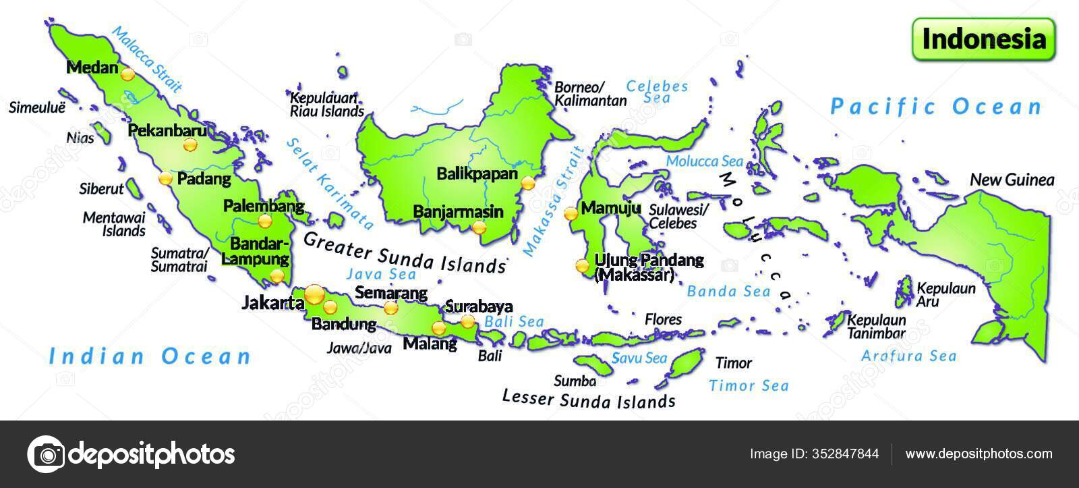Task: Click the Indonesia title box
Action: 984,39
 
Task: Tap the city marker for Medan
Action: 127,74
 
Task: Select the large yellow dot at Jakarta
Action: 314,294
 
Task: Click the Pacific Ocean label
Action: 936,107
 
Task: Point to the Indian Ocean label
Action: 150,356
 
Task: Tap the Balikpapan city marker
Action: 528,182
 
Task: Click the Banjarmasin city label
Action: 458,211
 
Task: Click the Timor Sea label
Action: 748,386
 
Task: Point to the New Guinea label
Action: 1012,180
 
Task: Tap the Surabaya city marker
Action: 467,321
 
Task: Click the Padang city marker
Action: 166,179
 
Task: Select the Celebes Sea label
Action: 657,92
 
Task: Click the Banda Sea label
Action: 728,292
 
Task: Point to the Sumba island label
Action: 575,381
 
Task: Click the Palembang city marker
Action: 265,221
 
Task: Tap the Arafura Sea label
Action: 908,356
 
